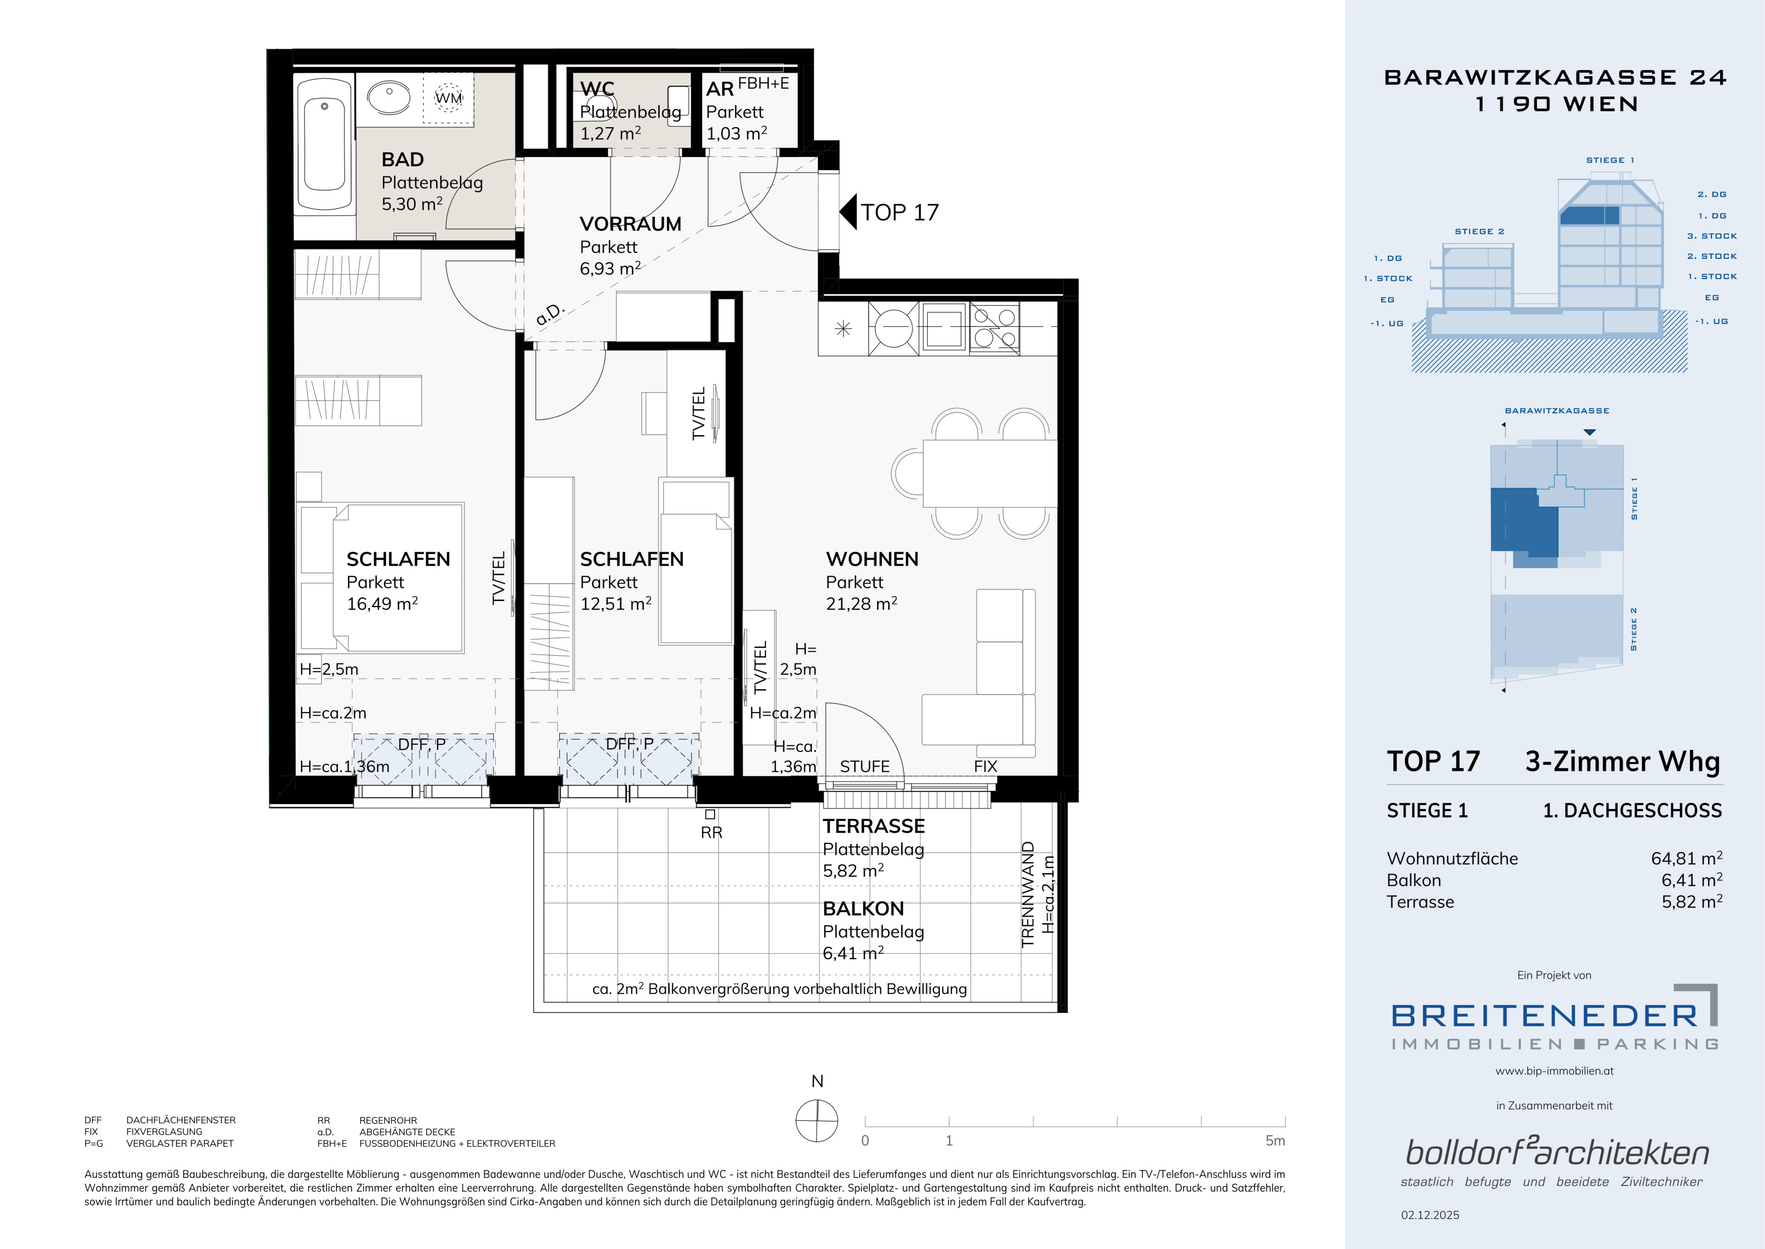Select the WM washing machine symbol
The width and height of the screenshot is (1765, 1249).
click(x=449, y=98)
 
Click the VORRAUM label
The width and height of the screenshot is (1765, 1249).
click(x=630, y=224)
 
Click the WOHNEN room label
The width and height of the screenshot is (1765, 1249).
click(x=872, y=559)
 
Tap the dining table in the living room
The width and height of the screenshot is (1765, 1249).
click(x=989, y=473)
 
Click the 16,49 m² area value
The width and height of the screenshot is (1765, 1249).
click(x=382, y=603)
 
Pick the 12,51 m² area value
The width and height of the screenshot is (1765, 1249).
click(x=616, y=603)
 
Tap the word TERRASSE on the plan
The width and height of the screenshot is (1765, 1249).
click(x=873, y=826)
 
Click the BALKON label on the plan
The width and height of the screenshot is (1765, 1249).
click(x=863, y=908)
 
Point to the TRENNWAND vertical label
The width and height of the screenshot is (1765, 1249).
click(x=1028, y=894)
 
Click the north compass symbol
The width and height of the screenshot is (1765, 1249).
click(x=816, y=1120)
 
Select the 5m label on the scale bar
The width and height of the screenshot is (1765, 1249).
click(x=1275, y=1141)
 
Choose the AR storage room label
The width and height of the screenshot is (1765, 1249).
click(x=720, y=89)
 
